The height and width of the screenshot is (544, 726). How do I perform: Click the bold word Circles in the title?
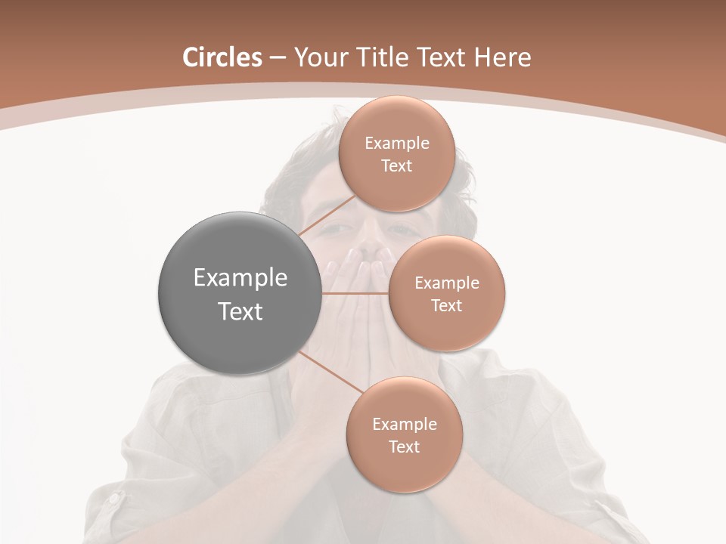(222, 57)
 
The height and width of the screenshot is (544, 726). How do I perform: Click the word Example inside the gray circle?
(240, 278)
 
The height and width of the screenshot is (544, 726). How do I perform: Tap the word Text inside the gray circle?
(240, 311)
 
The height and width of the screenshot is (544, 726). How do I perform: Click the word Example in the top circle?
(396, 144)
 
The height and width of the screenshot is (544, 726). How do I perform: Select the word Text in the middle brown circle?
(446, 305)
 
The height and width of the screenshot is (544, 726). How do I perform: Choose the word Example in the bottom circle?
(404, 424)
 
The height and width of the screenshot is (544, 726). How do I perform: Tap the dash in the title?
(278, 57)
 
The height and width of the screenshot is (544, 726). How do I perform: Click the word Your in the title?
(318, 57)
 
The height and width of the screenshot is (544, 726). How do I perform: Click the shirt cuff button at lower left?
(114, 499)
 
